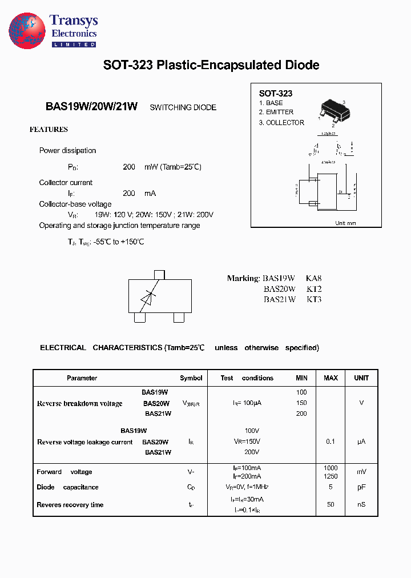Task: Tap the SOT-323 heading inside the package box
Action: pyautogui.click(x=276, y=93)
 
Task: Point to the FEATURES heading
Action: pyautogui.click(x=49, y=130)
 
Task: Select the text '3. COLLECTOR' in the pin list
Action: pyautogui.click(x=281, y=123)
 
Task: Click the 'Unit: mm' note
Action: pyautogui.click(x=345, y=223)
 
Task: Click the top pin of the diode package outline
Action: pyautogui.click(x=159, y=275)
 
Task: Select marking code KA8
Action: pyautogui.click(x=314, y=279)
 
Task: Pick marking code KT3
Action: pyautogui.click(x=314, y=299)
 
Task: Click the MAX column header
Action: pyautogui.click(x=331, y=378)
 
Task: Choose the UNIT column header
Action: pyautogui.click(x=361, y=378)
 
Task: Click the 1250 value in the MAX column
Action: pyautogui.click(x=331, y=476)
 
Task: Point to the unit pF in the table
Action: pyautogui.click(x=361, y=487)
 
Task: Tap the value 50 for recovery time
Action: pyautogui.click(x=331, y=505)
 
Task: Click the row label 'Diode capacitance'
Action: pyautogui.click(x=67, y=487)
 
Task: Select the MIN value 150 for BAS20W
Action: pyautogui.click(x=301, y=403)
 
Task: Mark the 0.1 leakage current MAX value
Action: pyautogui.click(x=331, y=441)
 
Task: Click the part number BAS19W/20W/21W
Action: pyautogui.click(x=91, y=107)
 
